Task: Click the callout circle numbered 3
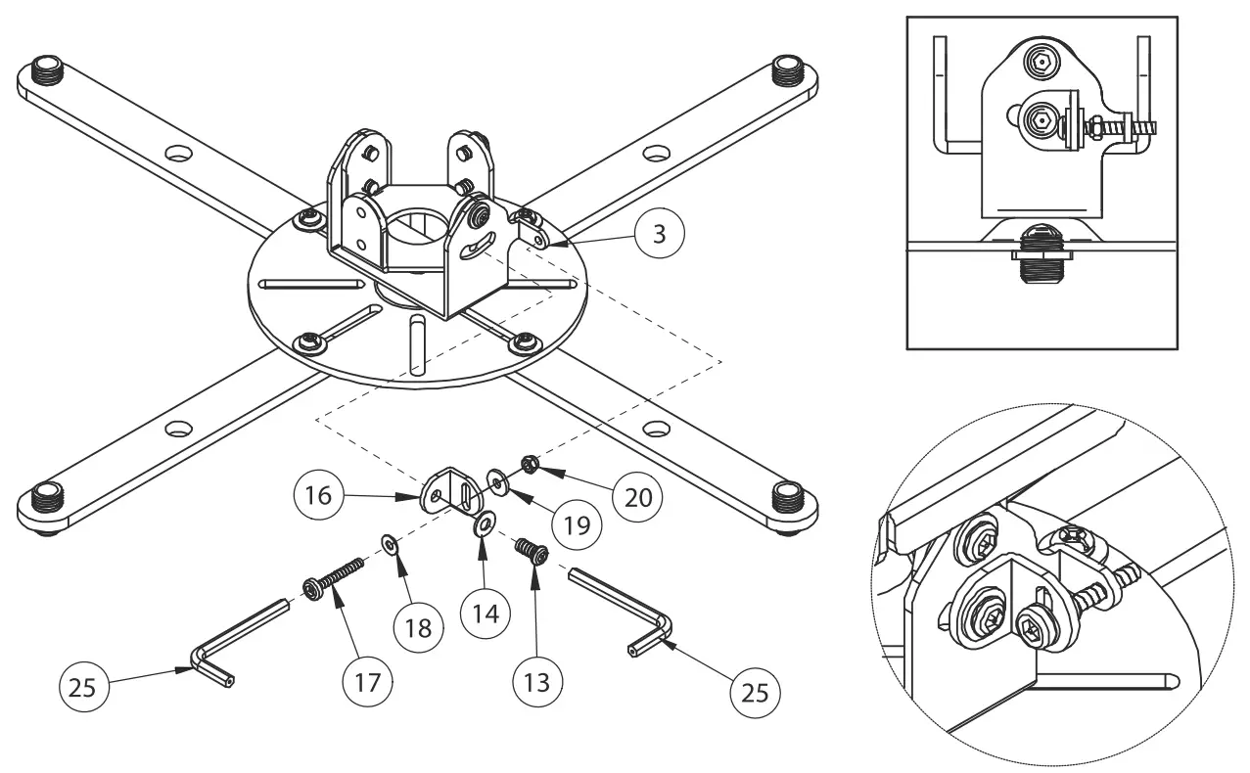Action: [x=659, y=234]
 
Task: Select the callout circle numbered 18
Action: [x=418, y=626]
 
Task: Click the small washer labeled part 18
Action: [x=389, y=543]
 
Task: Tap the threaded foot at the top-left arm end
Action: [x=46, y=71]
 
